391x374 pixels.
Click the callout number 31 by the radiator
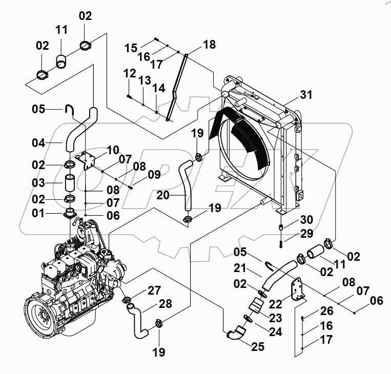pyautogui.click(x=306, y=94)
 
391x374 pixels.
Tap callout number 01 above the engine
pyautogui.click(x=38, y=213)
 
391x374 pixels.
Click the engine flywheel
pyautogui.click(x=39, y=314)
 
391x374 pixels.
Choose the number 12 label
pyautogui.click(x=129, y=74)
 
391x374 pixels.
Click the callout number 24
pyautogui.click(x=275, y=332)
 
